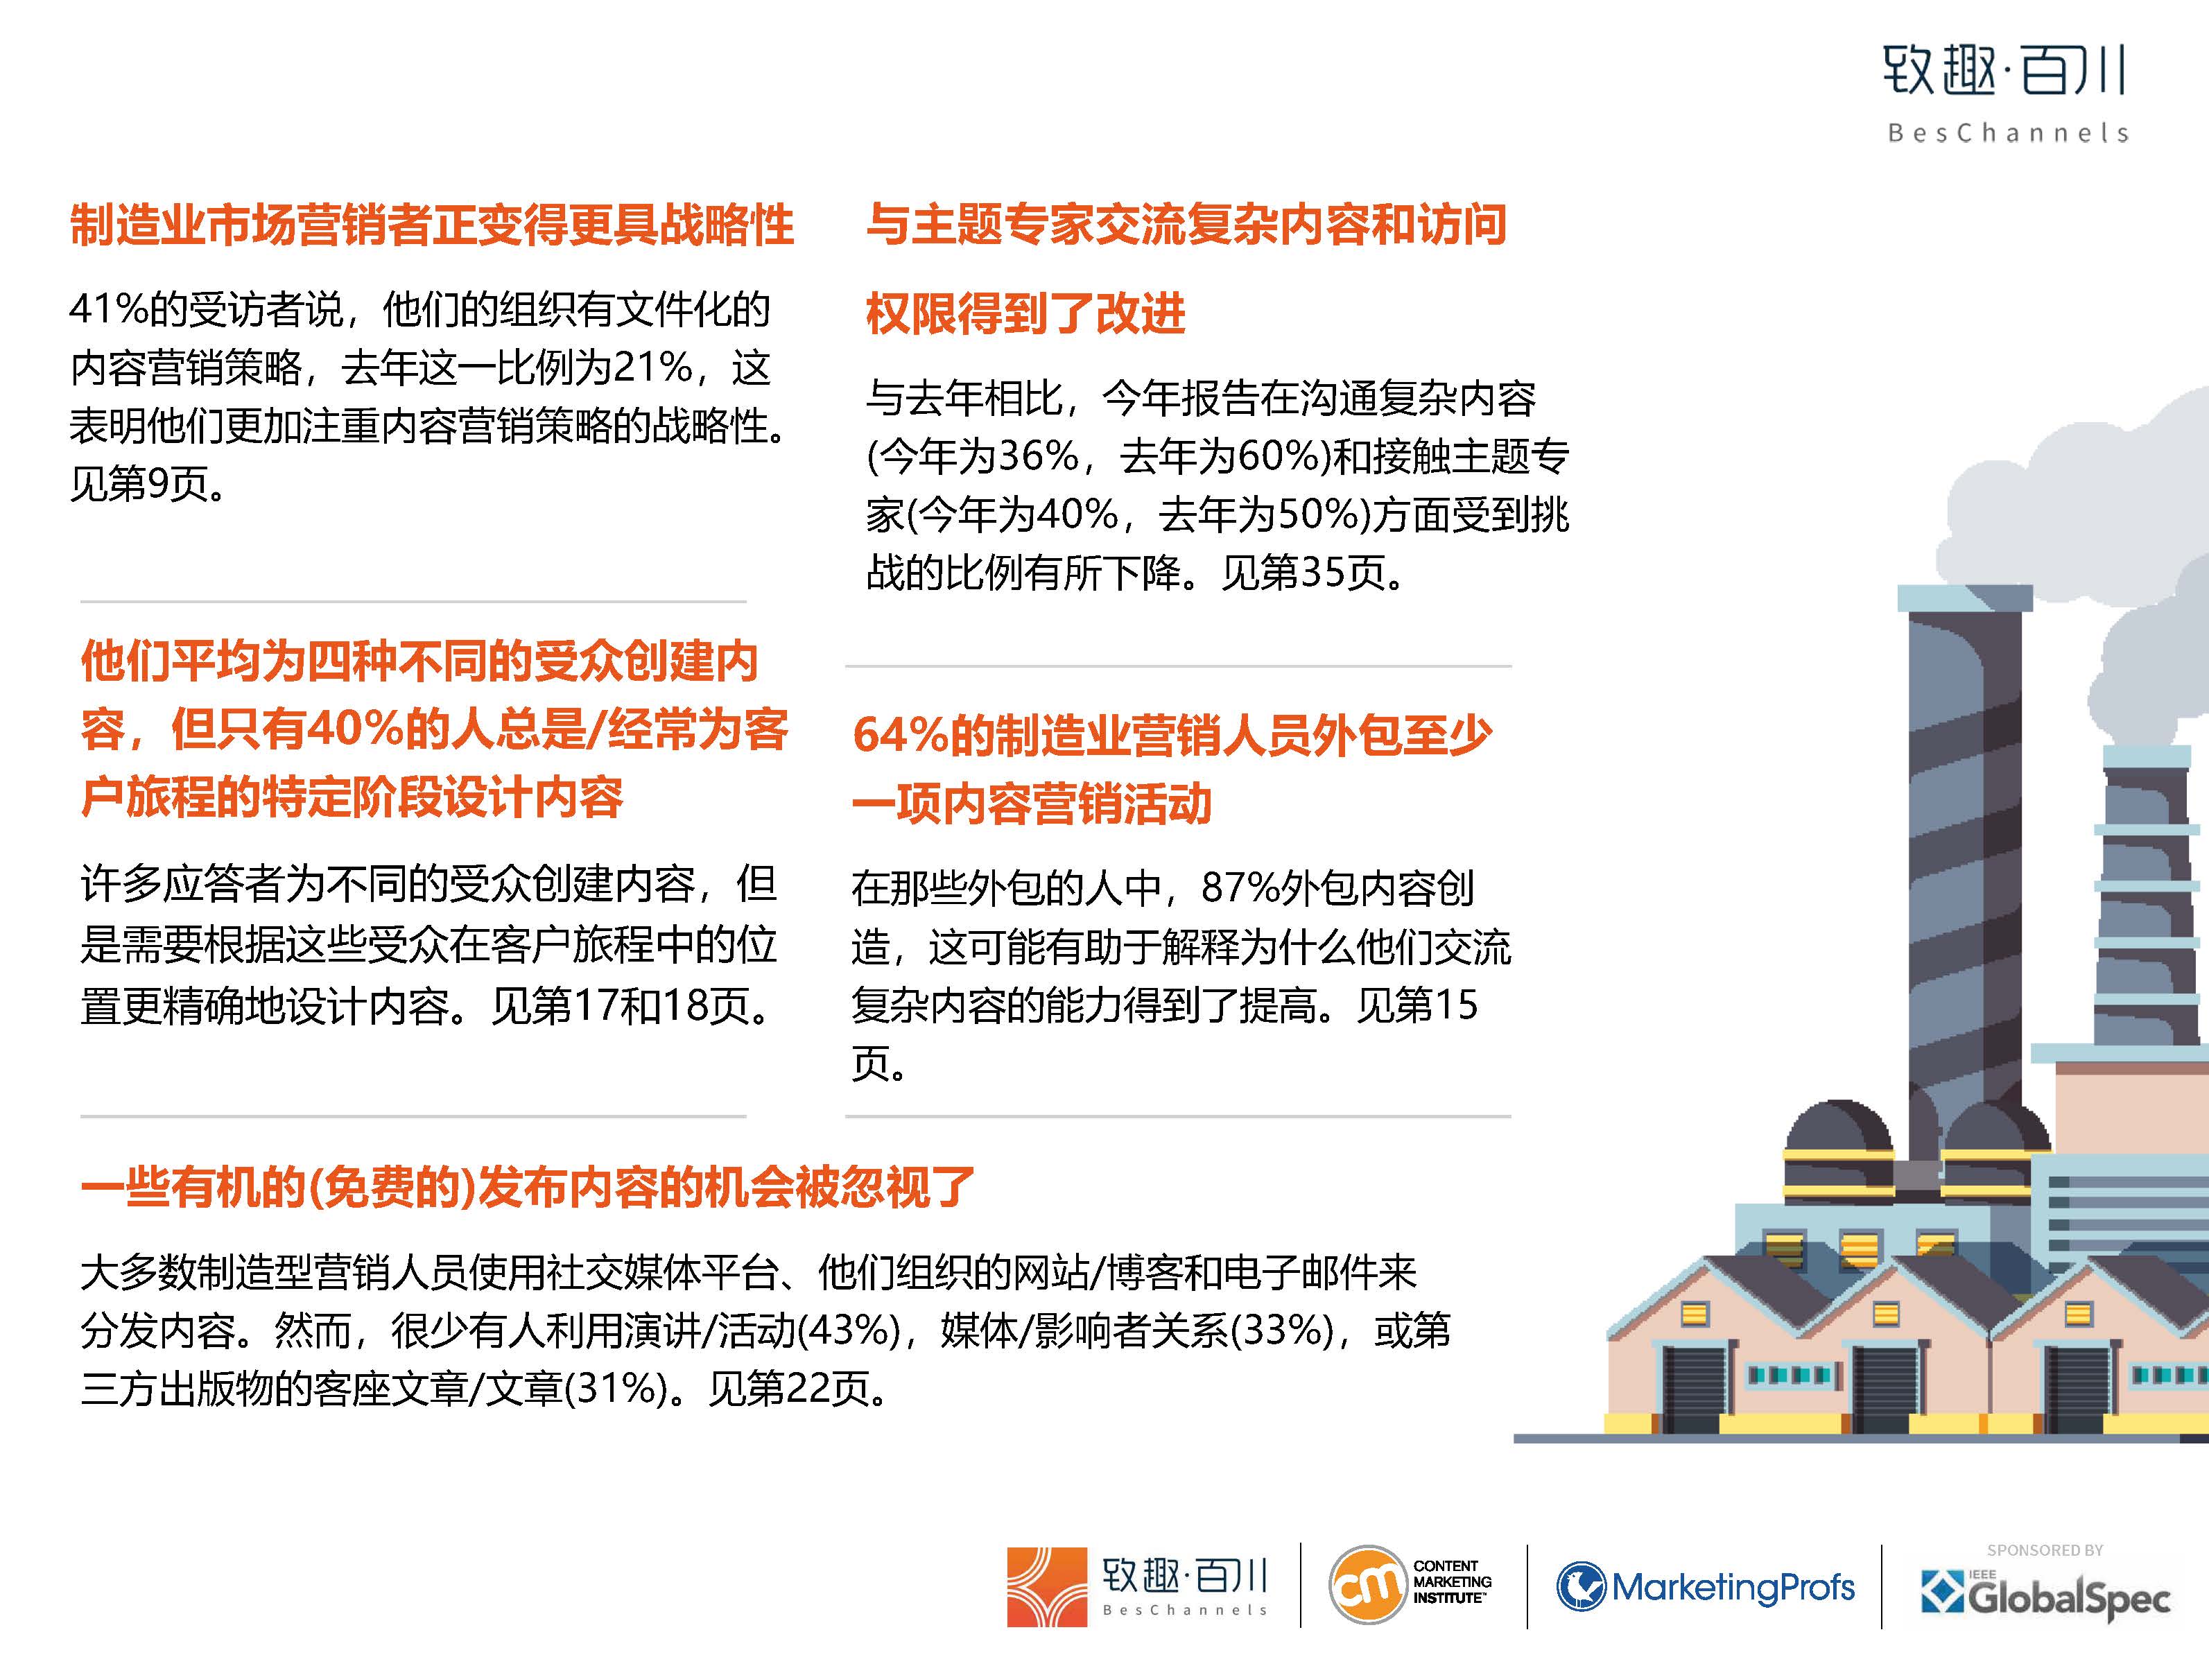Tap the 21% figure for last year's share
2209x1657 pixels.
653,367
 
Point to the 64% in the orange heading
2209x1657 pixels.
899,736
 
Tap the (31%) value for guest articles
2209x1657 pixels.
615,1388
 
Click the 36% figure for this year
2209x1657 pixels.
1039,456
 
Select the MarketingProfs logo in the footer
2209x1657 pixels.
1706,1586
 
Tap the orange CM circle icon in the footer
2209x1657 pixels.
1366,1584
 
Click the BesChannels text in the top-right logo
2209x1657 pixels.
2007,133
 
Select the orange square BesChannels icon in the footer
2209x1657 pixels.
1046,1586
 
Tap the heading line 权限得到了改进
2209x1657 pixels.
1025,313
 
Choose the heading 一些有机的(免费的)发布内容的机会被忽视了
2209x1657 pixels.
527,1186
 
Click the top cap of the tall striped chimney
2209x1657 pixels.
1964,597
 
